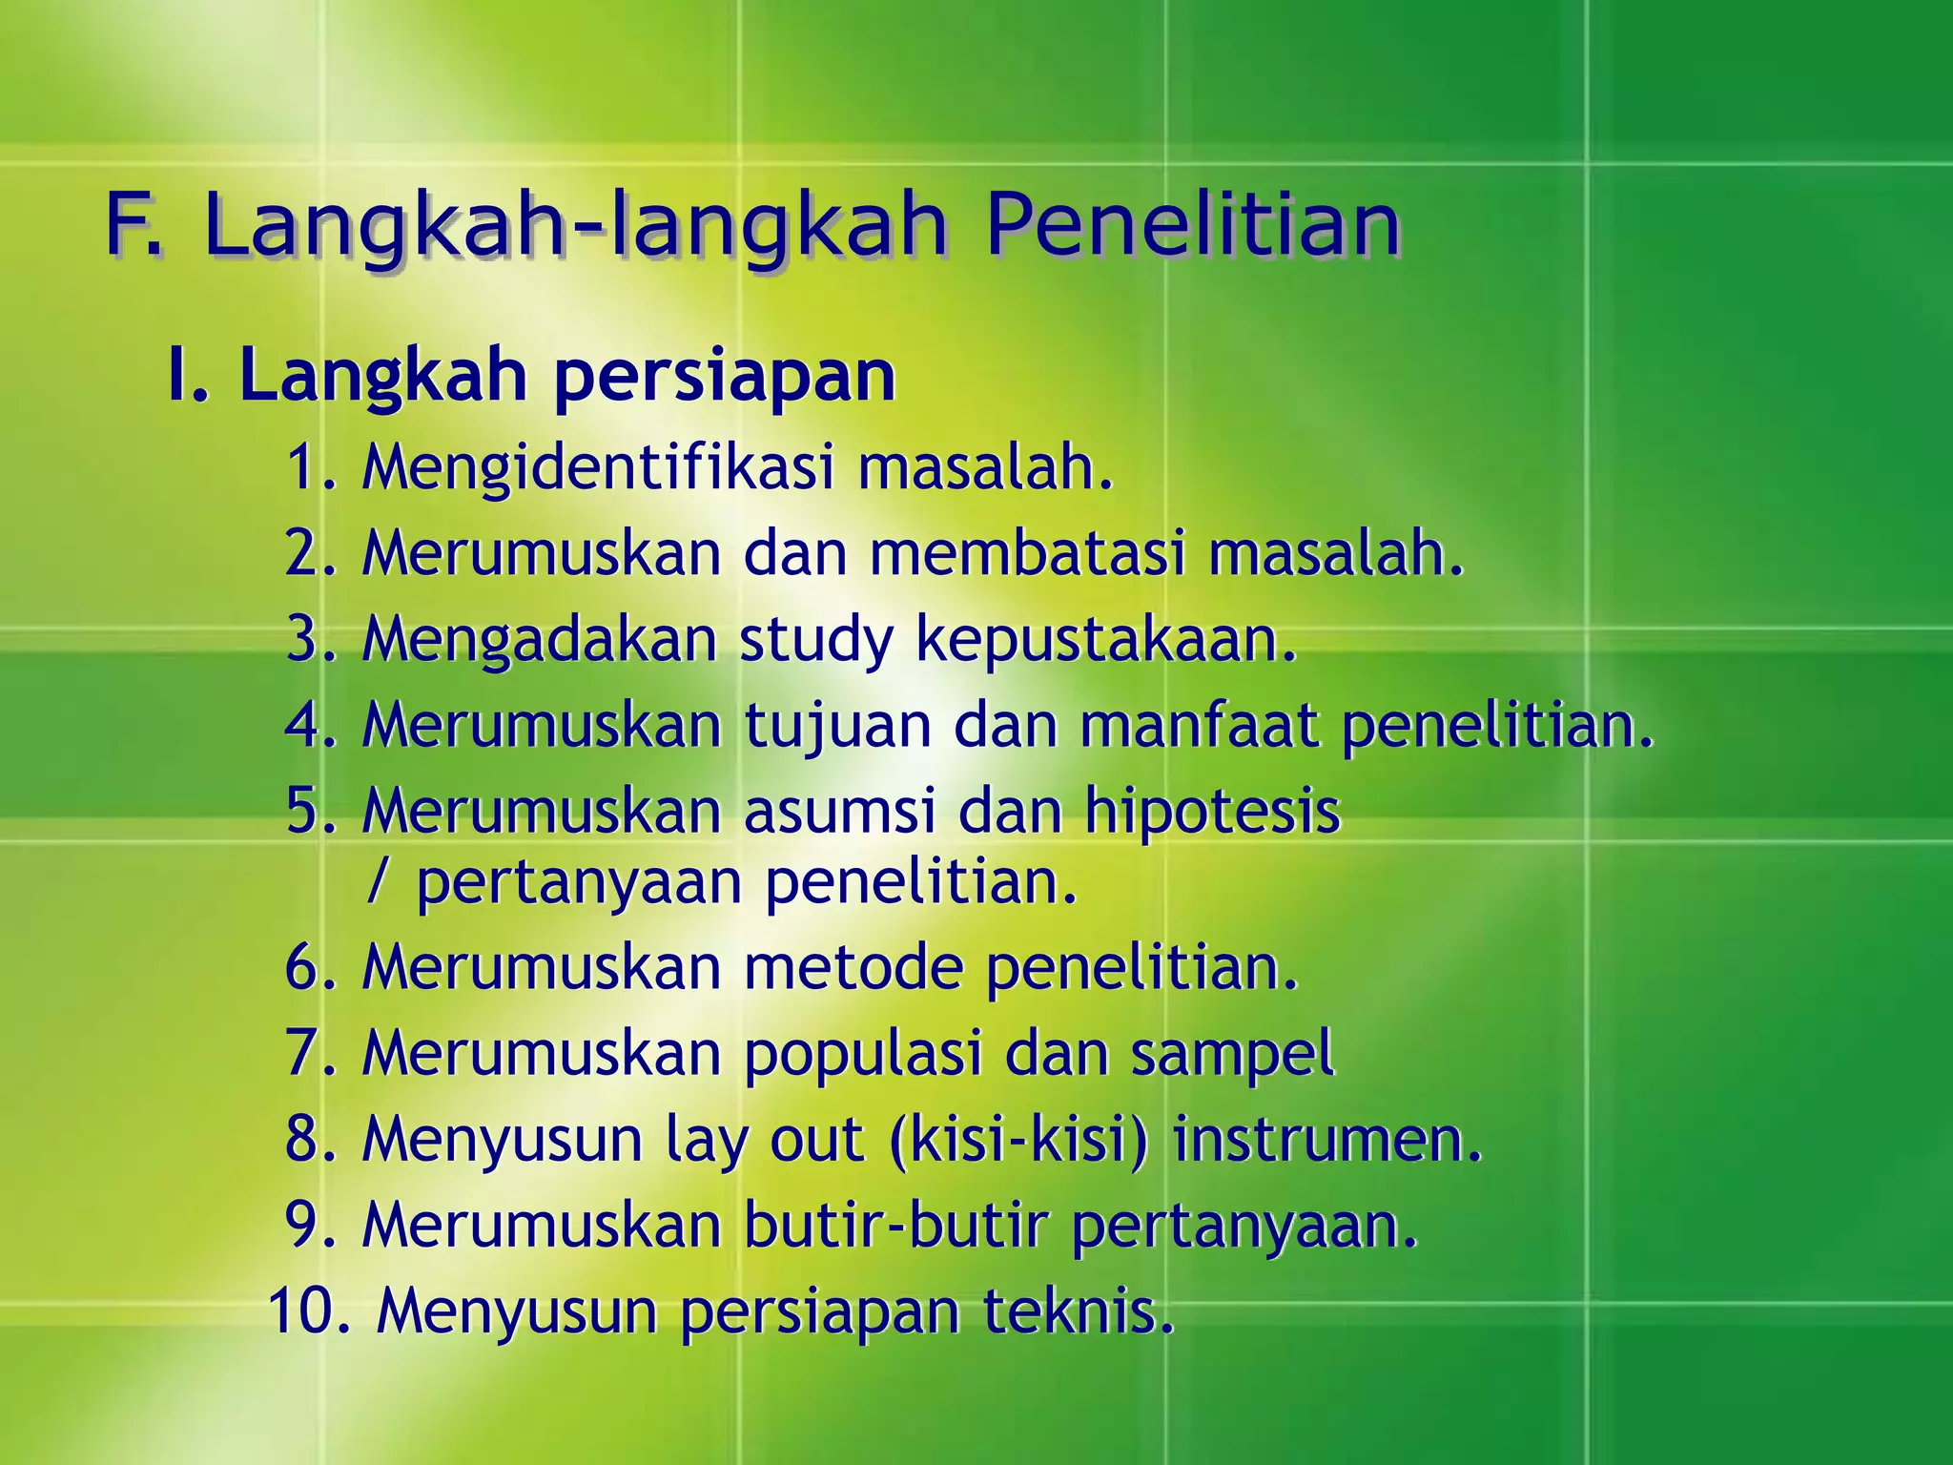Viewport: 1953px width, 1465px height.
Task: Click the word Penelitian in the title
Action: point(1192,225)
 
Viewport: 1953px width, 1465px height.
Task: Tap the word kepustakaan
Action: point(1106,641)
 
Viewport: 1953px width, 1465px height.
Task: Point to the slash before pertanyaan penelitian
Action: point(378,883)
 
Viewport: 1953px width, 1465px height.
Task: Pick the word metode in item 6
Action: point(853,967)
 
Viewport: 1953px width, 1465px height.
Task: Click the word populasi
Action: point(863,1055)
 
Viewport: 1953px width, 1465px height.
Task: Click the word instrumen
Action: point(1326,1139)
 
